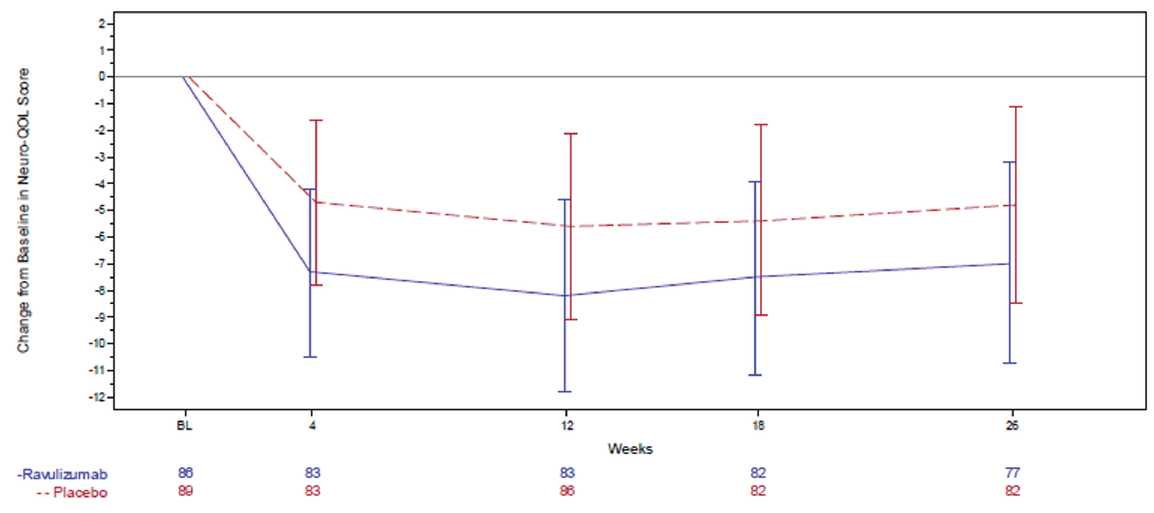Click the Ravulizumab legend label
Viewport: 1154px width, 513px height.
pos(63,474)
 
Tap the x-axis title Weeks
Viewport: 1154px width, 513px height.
pos(630,449)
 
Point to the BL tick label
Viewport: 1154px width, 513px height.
pos(184,425)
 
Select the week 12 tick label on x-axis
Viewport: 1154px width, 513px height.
pos(567,425)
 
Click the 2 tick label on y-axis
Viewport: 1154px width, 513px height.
pos(103,23)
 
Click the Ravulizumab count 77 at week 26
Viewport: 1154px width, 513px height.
pos(1013,473)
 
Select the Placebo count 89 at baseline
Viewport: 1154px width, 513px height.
pos(185,491)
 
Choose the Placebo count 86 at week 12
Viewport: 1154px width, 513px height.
pos(567,491)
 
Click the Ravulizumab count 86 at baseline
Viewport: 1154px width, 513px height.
pos(185,473)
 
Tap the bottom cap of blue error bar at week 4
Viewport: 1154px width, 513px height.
pos(310,357)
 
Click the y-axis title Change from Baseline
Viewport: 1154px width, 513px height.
pos(23,210)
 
